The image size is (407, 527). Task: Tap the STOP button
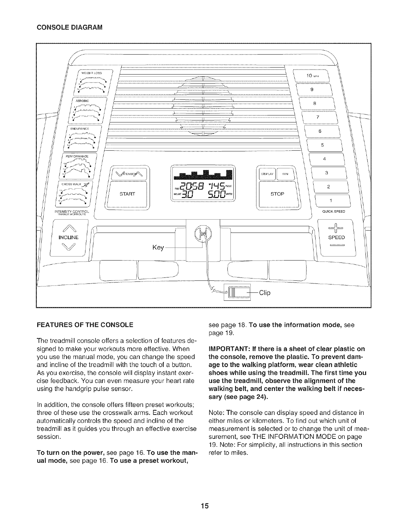(x=277, y=194)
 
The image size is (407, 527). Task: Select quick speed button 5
(x=322, y=145)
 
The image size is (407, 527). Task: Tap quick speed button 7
(x=318, y=117)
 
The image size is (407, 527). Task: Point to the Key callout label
(x=158, y=248)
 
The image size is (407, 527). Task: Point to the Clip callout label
(x=265, y=293)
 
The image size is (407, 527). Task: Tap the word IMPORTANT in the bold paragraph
(x=227, y=349)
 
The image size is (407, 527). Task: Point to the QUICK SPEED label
(x=335, y=211)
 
